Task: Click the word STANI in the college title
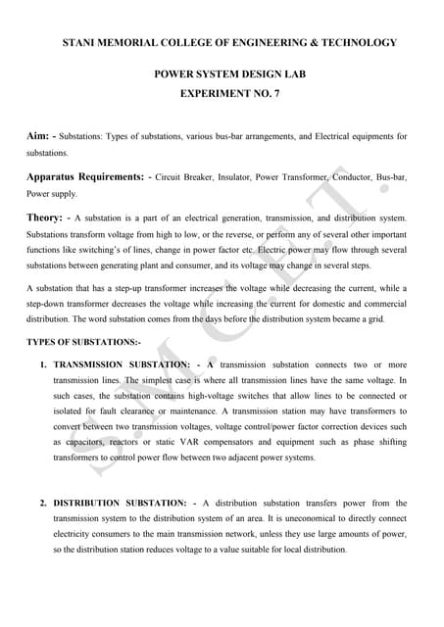(x=81, y=43)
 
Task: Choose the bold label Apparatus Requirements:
(x=86, y=177)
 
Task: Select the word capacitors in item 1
(x=81, y=442)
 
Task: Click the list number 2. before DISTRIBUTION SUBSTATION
(x=44, y=503)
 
